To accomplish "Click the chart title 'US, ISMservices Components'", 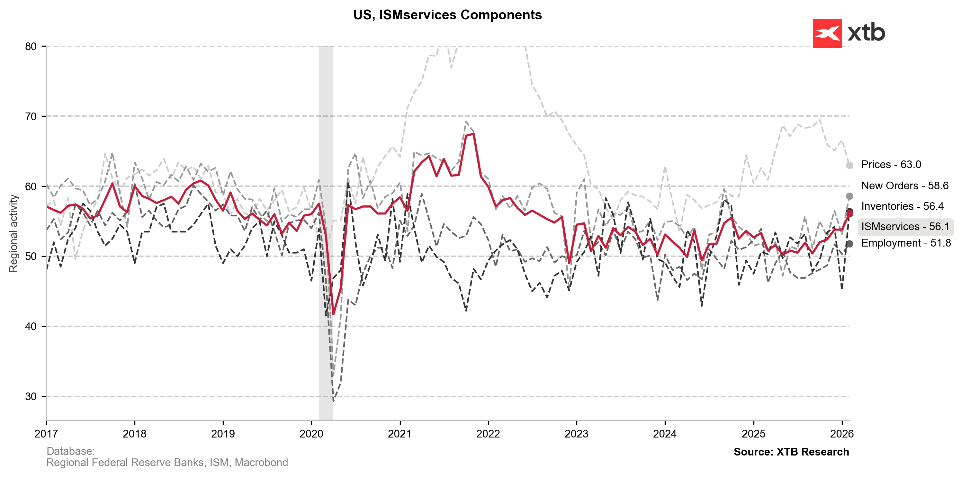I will pyautogui.click(x=447, y=15).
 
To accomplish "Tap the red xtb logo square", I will pyautogui.click(x=827, y=33).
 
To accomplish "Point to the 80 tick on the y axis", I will pyautogui.click(x=31, y=47).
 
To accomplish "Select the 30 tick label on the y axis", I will pyautogui.click(x=31, y=396).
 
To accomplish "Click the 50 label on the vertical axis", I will pyautogui.click(x=31, y=256).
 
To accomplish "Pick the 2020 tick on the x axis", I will pyautogui.click(x=311, y=434).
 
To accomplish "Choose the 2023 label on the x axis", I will pyautogui.click(x=576, y=434).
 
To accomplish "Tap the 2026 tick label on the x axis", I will pyautogui.click(x=842, y=434).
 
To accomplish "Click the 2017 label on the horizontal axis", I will pyautogui.click(x=46, y=434).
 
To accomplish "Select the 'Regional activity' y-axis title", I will pyautogui.click(x=13, y=233).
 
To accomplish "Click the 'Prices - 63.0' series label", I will pyautogui.click(x=891, y=165).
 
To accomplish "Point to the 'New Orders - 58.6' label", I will pyautogui.click(x=905, y=185).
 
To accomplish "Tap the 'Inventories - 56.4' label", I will pyautogui.click(x=902, y=206).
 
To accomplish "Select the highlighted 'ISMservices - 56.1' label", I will pyautogui.click(x=905, y=227).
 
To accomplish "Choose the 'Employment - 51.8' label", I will pyautogui.click(x=906, y=243).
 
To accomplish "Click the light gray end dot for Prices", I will pyautogui.click(x=849, y=165).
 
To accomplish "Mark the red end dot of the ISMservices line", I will pyautogui.click(x=849, y=213).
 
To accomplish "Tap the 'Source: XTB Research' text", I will pyautogui.click(x=791, y=452).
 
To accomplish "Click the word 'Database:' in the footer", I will pyautogui.click(x=70, y=451).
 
